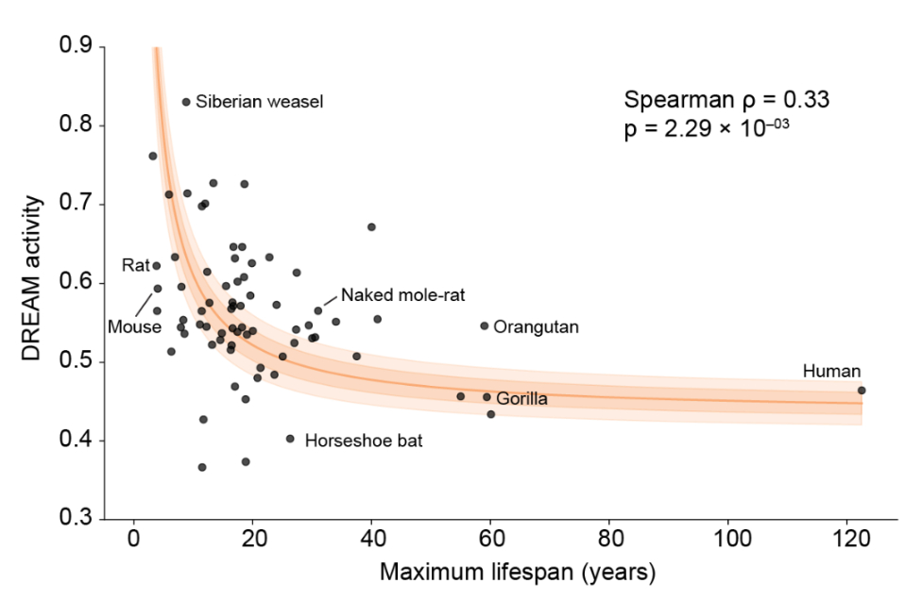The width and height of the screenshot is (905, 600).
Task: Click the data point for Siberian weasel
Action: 186,102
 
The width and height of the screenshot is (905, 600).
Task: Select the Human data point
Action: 862,390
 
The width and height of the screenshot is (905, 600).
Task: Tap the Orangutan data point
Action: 485,325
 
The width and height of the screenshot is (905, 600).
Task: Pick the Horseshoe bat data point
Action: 290,439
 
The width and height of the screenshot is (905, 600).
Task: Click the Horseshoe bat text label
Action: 356,440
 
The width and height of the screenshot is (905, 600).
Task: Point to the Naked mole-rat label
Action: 403,294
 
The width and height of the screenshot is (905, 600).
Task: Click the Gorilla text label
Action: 521,398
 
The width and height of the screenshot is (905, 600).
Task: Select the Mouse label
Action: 133,327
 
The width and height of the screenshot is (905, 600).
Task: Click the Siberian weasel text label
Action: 260,102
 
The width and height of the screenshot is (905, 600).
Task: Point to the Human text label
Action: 831,371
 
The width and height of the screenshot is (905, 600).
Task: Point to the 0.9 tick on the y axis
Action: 78,46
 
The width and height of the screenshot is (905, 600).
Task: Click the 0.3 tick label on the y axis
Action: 78,519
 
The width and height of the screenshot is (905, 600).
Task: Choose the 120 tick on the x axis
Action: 846,541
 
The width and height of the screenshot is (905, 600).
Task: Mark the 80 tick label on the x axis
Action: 608,541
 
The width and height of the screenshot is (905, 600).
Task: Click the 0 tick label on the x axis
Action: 133,541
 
